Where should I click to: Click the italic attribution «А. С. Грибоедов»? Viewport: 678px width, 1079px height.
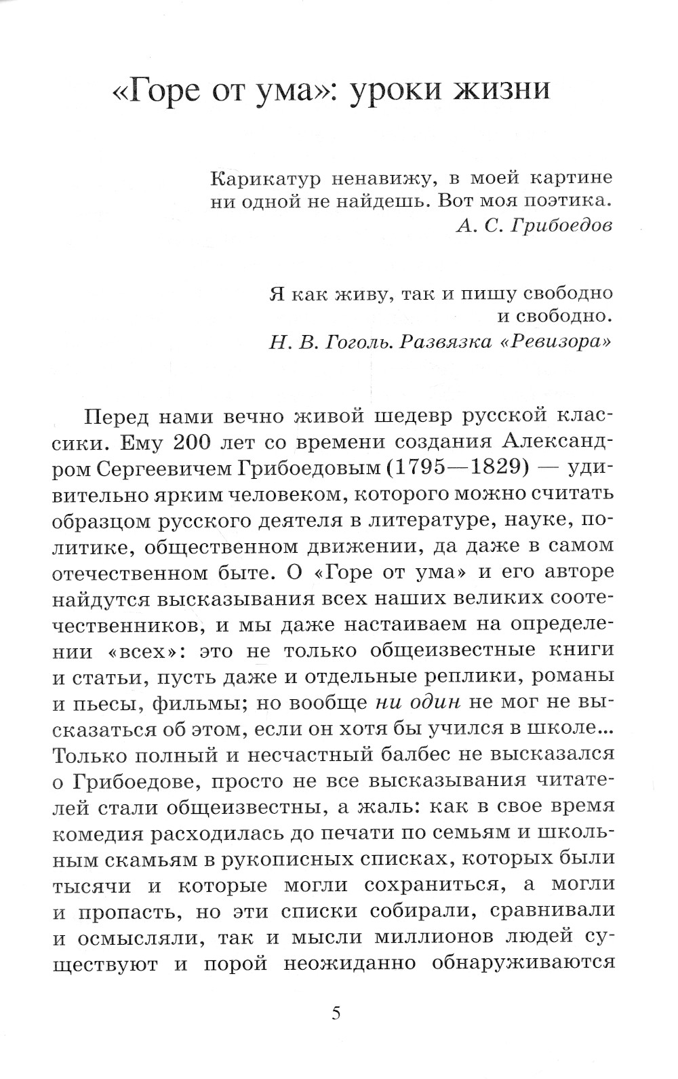click(x=534, y=226)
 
